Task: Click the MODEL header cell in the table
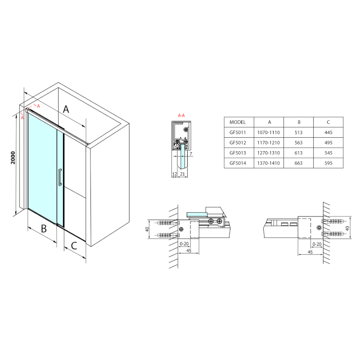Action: pyautogui.click(x=238, y=122)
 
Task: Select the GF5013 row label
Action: pyautogui.click(x=238, y=153)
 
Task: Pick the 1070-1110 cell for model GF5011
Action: pyautogui.click(x=268, y=132)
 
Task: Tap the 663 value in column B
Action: pyautogui.click(x=298, y=163)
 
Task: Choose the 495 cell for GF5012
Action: pyautogui.click(x=328, y=143)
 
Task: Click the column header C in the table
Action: pyautogui.click(x=328, y=122)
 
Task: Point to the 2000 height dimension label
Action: pyautogui.click(x=13, y=158)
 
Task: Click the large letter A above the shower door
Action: pyautogui.click(x=66, y=109)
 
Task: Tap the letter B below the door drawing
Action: pyautogui.click(x=44, y=229)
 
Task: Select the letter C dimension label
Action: pyautogui.click(x=74, y=246)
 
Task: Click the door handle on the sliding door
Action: pyautogui.click(x=60, y=177)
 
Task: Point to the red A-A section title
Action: pyautogui.click(x=181, y=116)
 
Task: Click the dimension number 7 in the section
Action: pyautogui.click(x=191, y=154)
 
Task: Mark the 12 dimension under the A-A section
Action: pyautogui.click(x=175, y=174)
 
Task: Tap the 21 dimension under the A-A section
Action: pyautogui.click(x=182, y=174)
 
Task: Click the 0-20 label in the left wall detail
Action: pyautogui.click(x=184, y=243)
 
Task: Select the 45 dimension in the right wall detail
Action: pyautogui.click(x=310, y=252)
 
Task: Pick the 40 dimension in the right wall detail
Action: pyautogui.click(x=347, y=229)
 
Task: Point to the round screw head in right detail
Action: pyautogui.click(x=319, y=228)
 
